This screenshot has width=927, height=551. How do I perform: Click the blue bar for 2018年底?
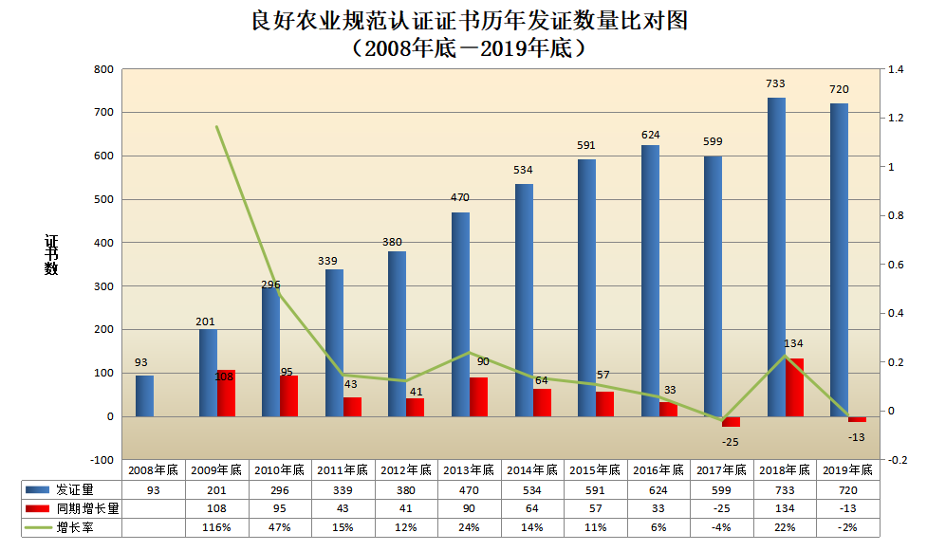point(776,257)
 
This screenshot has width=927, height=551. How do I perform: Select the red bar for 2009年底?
point(226,393)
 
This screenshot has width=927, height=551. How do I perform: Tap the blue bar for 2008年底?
point(144,395)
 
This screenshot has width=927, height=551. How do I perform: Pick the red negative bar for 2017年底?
point(731,421)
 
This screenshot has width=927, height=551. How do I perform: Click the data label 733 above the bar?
point(776,83)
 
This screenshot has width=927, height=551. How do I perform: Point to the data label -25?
point(731,442)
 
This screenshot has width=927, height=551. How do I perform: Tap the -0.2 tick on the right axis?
point(897,460)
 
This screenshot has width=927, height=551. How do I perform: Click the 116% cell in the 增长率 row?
point(216,527)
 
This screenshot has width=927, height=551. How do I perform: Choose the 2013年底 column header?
point(469,469)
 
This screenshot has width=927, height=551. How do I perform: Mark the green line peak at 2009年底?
point(217,127)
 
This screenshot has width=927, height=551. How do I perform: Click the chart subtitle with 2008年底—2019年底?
point(465,48)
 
